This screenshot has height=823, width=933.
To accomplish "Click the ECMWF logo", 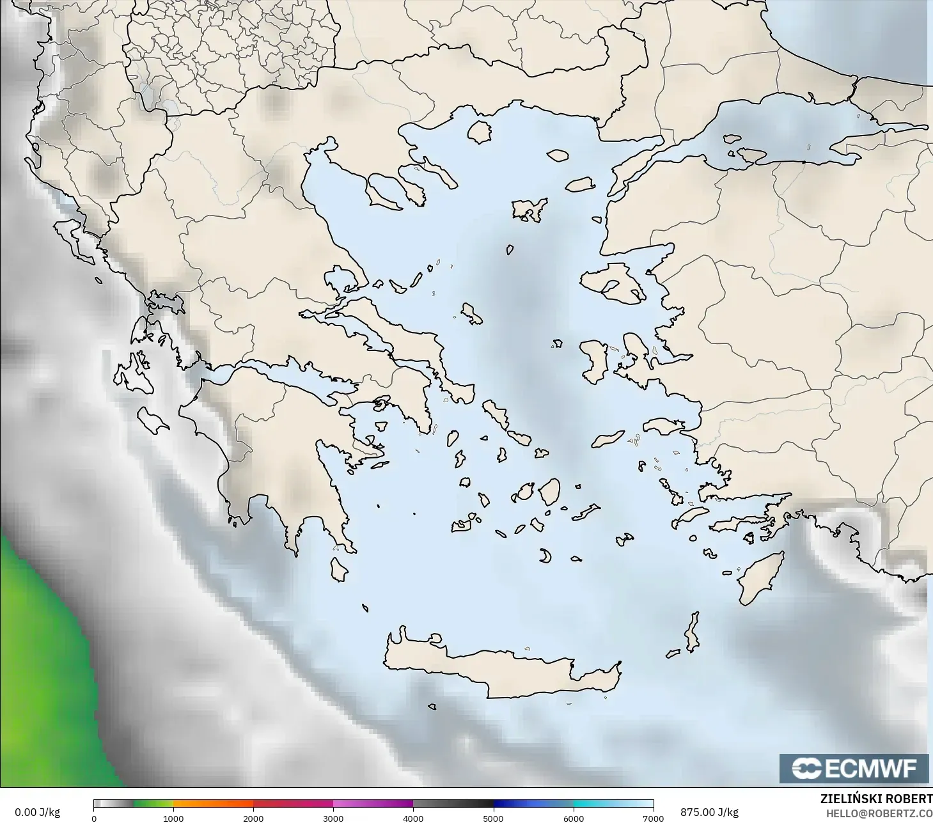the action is click(x=854, y=768).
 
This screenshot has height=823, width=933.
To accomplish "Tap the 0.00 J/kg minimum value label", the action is click(x=37, y=812).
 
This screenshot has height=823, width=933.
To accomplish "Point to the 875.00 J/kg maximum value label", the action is click(x=709, y=812).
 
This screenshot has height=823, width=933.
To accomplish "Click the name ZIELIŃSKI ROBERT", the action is click(x=876, y=799).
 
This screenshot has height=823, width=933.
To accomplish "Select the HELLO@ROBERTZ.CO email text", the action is click(x=879, y=814).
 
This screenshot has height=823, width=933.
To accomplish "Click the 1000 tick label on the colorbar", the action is click(x=173, y=819).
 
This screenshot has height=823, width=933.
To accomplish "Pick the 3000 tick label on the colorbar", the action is click(x=333, y=819).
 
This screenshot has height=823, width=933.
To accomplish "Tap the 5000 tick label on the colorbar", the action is click(x=493, y=819).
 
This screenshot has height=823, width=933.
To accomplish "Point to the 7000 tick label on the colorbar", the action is click(x=653, y=819).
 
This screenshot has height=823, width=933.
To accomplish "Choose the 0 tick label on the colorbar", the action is click(x=94, y=819).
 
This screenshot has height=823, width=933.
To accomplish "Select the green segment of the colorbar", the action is click(x=153, y=803).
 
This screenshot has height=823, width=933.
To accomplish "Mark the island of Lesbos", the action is click(x=611, y=281).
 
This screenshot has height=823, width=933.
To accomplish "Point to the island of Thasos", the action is click(x=479, y=132).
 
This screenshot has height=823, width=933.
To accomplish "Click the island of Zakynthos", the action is click(x=152, y=420).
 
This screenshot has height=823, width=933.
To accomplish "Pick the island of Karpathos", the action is click(x=692, y=632).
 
